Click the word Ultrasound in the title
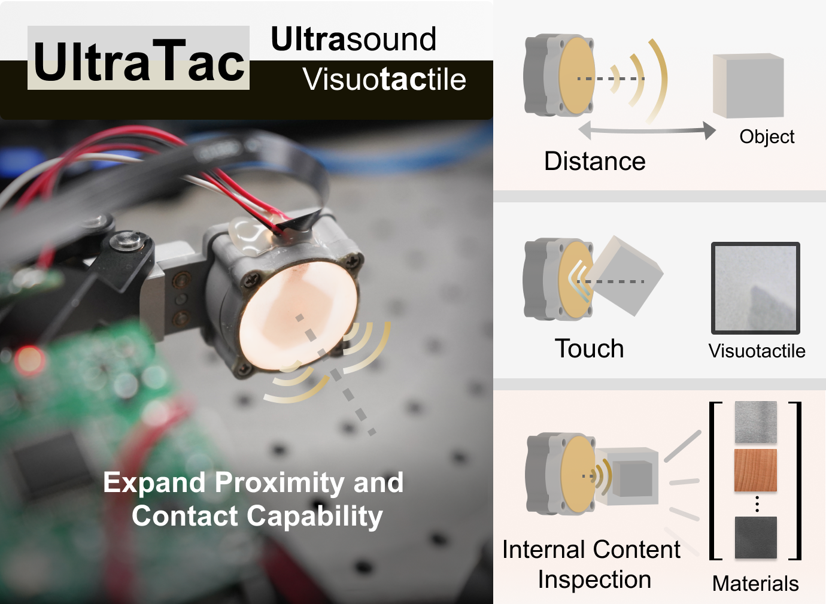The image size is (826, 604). [353, 39]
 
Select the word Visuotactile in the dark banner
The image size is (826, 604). [384, 79]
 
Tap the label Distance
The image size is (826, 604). [595, 161]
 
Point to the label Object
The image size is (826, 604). [767, 137]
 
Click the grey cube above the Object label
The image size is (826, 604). [748, 86]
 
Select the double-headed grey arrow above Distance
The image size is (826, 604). [647, 130]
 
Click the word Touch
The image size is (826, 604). [589, 348]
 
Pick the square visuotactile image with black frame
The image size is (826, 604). [755, 288]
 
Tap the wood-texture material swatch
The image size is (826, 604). [755, 470]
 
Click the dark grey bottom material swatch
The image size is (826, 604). [755, 538]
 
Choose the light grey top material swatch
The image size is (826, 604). [755, 422]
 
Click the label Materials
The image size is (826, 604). [755, 584]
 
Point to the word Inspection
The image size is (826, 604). [594, 580]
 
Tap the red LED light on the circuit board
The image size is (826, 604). [29, 360]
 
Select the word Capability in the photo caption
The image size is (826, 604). [315, 516]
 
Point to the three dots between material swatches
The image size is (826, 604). [757, 504]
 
